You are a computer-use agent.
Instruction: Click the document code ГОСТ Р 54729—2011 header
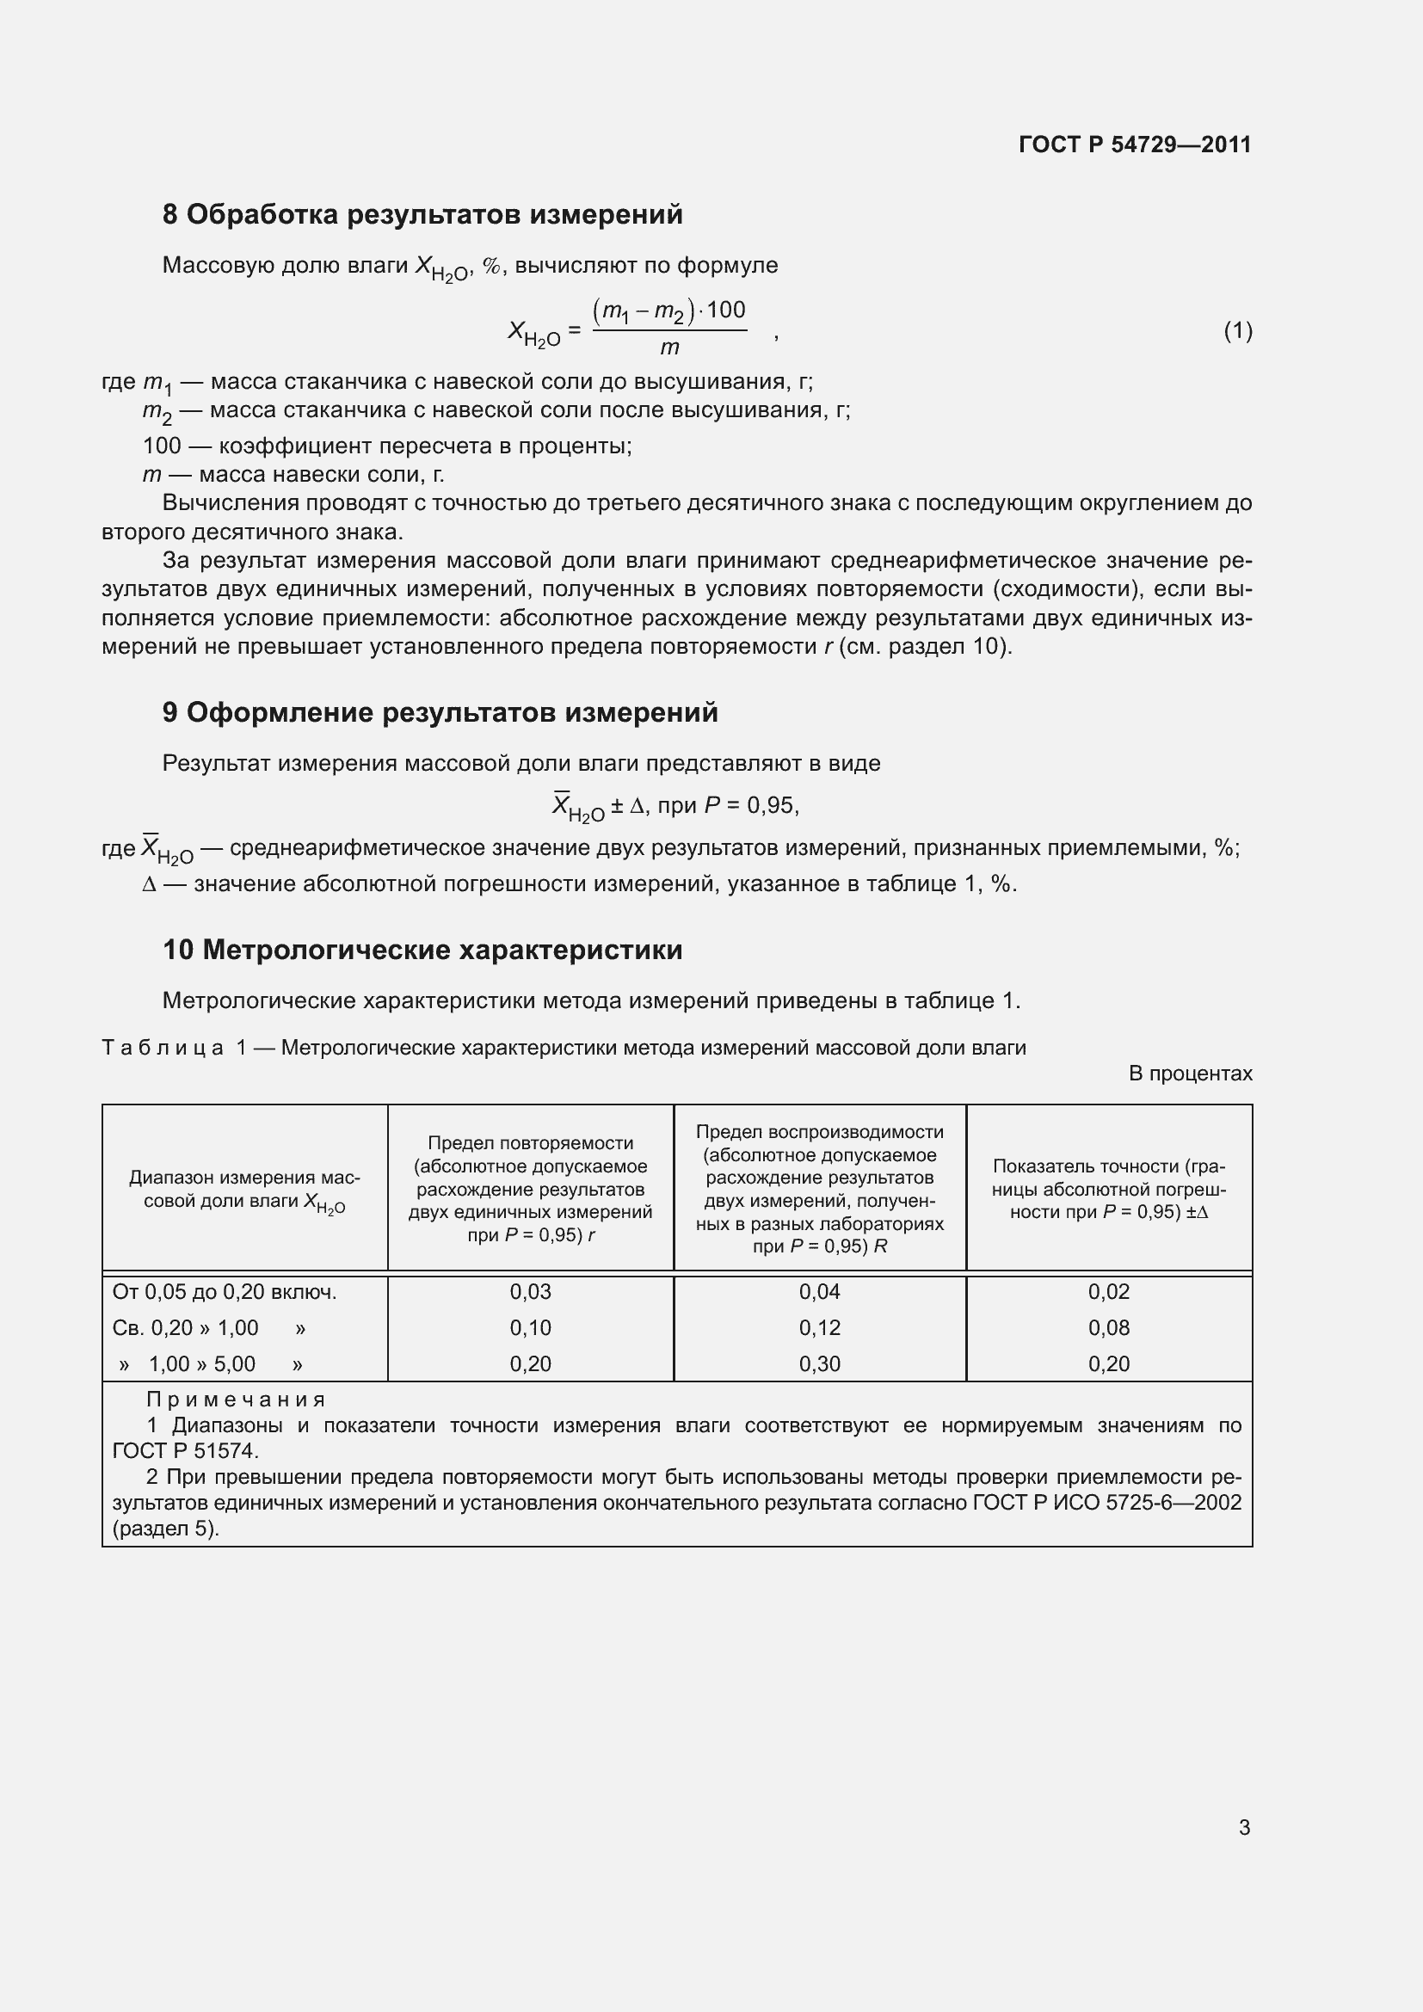(1135, 145)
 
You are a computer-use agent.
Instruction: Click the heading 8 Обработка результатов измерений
(422, 215)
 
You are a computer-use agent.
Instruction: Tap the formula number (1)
(1237, 330)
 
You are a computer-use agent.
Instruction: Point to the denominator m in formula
(669, 348)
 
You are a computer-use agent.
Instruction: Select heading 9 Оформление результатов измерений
(440, 712)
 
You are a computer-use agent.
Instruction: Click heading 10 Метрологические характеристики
(422, 950)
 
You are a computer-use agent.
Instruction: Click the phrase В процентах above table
(1190, 1074)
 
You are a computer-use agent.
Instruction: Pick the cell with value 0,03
(530, 1292)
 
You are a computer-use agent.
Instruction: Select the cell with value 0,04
(819, 1292)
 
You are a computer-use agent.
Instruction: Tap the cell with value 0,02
(1108, 1292)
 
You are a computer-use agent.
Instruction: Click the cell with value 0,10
(530, 1327)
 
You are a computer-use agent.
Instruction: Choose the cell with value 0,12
(819, 1327)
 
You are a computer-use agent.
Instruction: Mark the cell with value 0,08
(1108, 1327)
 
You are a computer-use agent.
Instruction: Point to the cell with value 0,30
(819, 1363)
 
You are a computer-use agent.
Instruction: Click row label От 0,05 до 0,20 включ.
(225, 1292)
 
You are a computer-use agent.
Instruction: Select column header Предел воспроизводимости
(819, 1132)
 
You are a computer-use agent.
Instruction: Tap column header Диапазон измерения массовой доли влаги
(244, 1189)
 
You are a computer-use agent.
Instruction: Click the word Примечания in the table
(236, 1400)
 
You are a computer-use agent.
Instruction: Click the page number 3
(1244, 1828)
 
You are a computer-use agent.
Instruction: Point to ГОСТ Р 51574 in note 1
(185, 1450)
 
